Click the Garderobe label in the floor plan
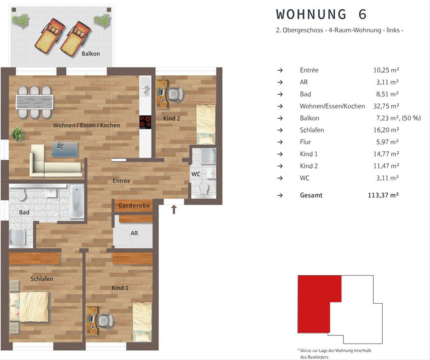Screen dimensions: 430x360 [x=134, y=205]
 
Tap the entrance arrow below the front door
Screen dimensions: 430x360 [x=174, y=209]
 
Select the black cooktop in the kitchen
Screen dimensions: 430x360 [x=145, y=122]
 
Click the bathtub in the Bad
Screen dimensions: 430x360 [x=77, y=201]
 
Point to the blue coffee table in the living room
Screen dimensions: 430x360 [x=64, y=150]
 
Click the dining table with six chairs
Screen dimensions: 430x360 [x=34, y=102]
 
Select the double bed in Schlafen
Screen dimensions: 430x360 [x=29, y=306]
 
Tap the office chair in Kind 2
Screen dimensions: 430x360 [x=175, y=94]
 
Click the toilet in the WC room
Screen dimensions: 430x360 [x=204, y=188]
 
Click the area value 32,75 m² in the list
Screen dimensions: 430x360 [x=386, y=106]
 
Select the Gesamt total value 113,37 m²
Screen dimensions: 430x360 [x=383, y=195]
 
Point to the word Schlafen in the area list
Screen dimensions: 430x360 [x=312, y=130]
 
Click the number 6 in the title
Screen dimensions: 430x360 [x=363, y=14]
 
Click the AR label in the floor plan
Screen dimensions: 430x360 [x=134, y=233]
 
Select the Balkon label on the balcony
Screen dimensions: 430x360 [x=91, y=54]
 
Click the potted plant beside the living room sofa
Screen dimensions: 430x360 [x=18, y=134]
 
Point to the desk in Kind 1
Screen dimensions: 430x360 [x=92, y=321]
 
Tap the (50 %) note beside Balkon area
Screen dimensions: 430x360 [x=411, y=118]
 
